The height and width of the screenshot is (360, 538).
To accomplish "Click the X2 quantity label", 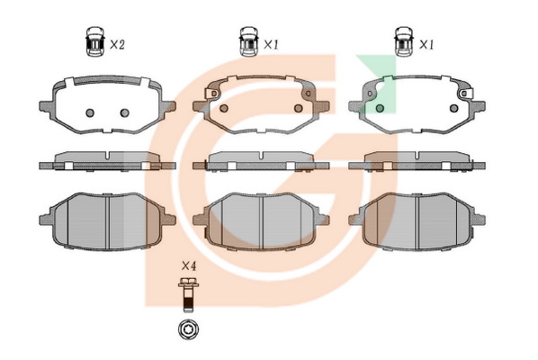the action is pyautogui.click(x=117, y=44).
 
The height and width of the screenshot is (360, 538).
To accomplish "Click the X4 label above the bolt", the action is pyautogui.click(x=189, y=265).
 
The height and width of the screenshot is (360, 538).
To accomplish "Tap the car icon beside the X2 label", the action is pyautogui.click(x=95, y=41).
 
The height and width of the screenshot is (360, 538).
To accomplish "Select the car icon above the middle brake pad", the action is pyautogui.click(x=248, y=41).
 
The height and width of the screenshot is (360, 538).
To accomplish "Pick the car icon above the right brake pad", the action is pyautogui.click(x=404, y=41).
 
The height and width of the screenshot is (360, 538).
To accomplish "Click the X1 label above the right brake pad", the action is pyautogui.click(x=426, y=45).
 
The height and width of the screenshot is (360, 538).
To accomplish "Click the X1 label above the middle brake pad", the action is pyautogui.click(x=271, y=45).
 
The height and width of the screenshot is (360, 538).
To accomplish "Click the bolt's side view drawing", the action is pyautogui.click(x=188, y=294).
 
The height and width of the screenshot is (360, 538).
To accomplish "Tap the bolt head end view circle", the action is pyautogui.click(x=189, y=329).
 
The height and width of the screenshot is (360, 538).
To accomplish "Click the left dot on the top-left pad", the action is pyautogui.click(x=90, y=112).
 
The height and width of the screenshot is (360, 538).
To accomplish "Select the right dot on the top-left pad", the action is pyautogui.click(x=124, y=112).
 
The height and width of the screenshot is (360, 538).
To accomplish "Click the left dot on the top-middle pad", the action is pyautogui.click(x=224, y=108).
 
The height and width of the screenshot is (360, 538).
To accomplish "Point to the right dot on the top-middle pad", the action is pyautogui.click(x=299, y=108).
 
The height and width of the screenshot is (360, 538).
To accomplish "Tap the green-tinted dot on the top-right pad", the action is pyautogui.click(x=380, y=108).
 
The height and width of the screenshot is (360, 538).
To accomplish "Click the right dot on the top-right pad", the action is pyautogui.click(x=454, y=108).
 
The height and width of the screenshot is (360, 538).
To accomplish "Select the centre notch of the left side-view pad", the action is pyautogui.click(x=108, y=156).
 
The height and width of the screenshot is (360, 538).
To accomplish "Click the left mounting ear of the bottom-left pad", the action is pyautogui.click(x=46, y=220).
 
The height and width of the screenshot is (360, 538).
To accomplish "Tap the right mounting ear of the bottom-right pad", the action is pyautogui.click(x=479, y=220).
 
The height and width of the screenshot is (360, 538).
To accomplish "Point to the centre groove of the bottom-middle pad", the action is pyautogui.click(x=262, y=221).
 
